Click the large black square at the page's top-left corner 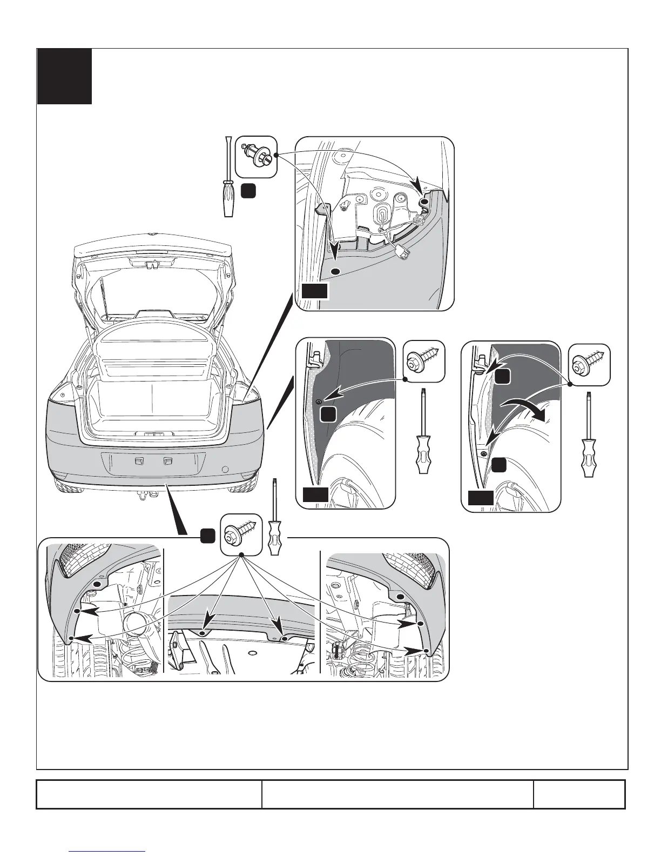click(64, 76)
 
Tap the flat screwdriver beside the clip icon click(228, 177)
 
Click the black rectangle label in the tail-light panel click(315, 291)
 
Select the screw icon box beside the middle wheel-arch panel click(424, 360)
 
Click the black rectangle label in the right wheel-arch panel click(480, 498)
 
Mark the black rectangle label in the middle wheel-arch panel click(315, 493)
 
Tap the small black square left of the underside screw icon click(208, 536)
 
